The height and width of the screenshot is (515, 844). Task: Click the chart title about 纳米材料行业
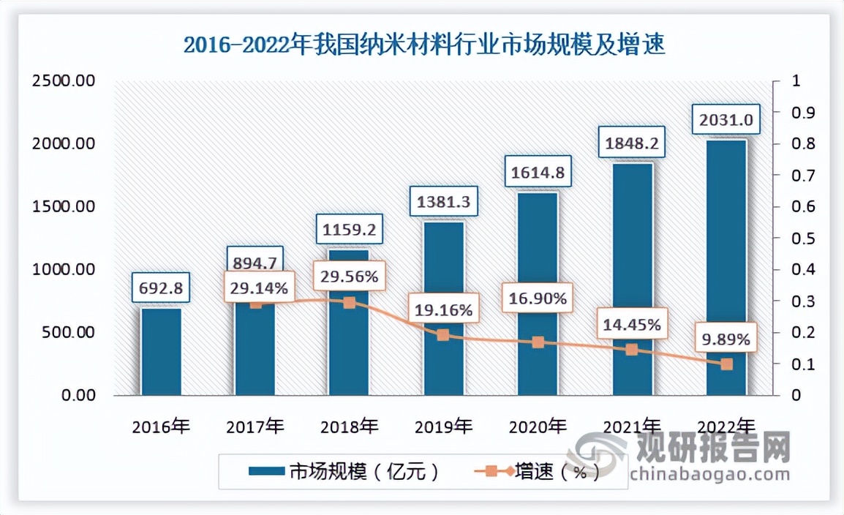(x=423, y=45)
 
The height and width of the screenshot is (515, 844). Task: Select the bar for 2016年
(x=161, y=352)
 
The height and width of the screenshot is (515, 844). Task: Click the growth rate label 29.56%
(x=349, y=277)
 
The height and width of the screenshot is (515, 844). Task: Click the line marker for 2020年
(x=538, y=342)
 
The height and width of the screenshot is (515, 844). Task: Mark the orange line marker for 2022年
(x=726, y=364)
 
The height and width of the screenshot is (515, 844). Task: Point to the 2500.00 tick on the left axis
(x=64, y=81)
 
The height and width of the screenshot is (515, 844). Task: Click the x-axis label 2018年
(x=349, y=426)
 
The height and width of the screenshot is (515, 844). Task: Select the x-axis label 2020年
(x=538, y=426)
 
